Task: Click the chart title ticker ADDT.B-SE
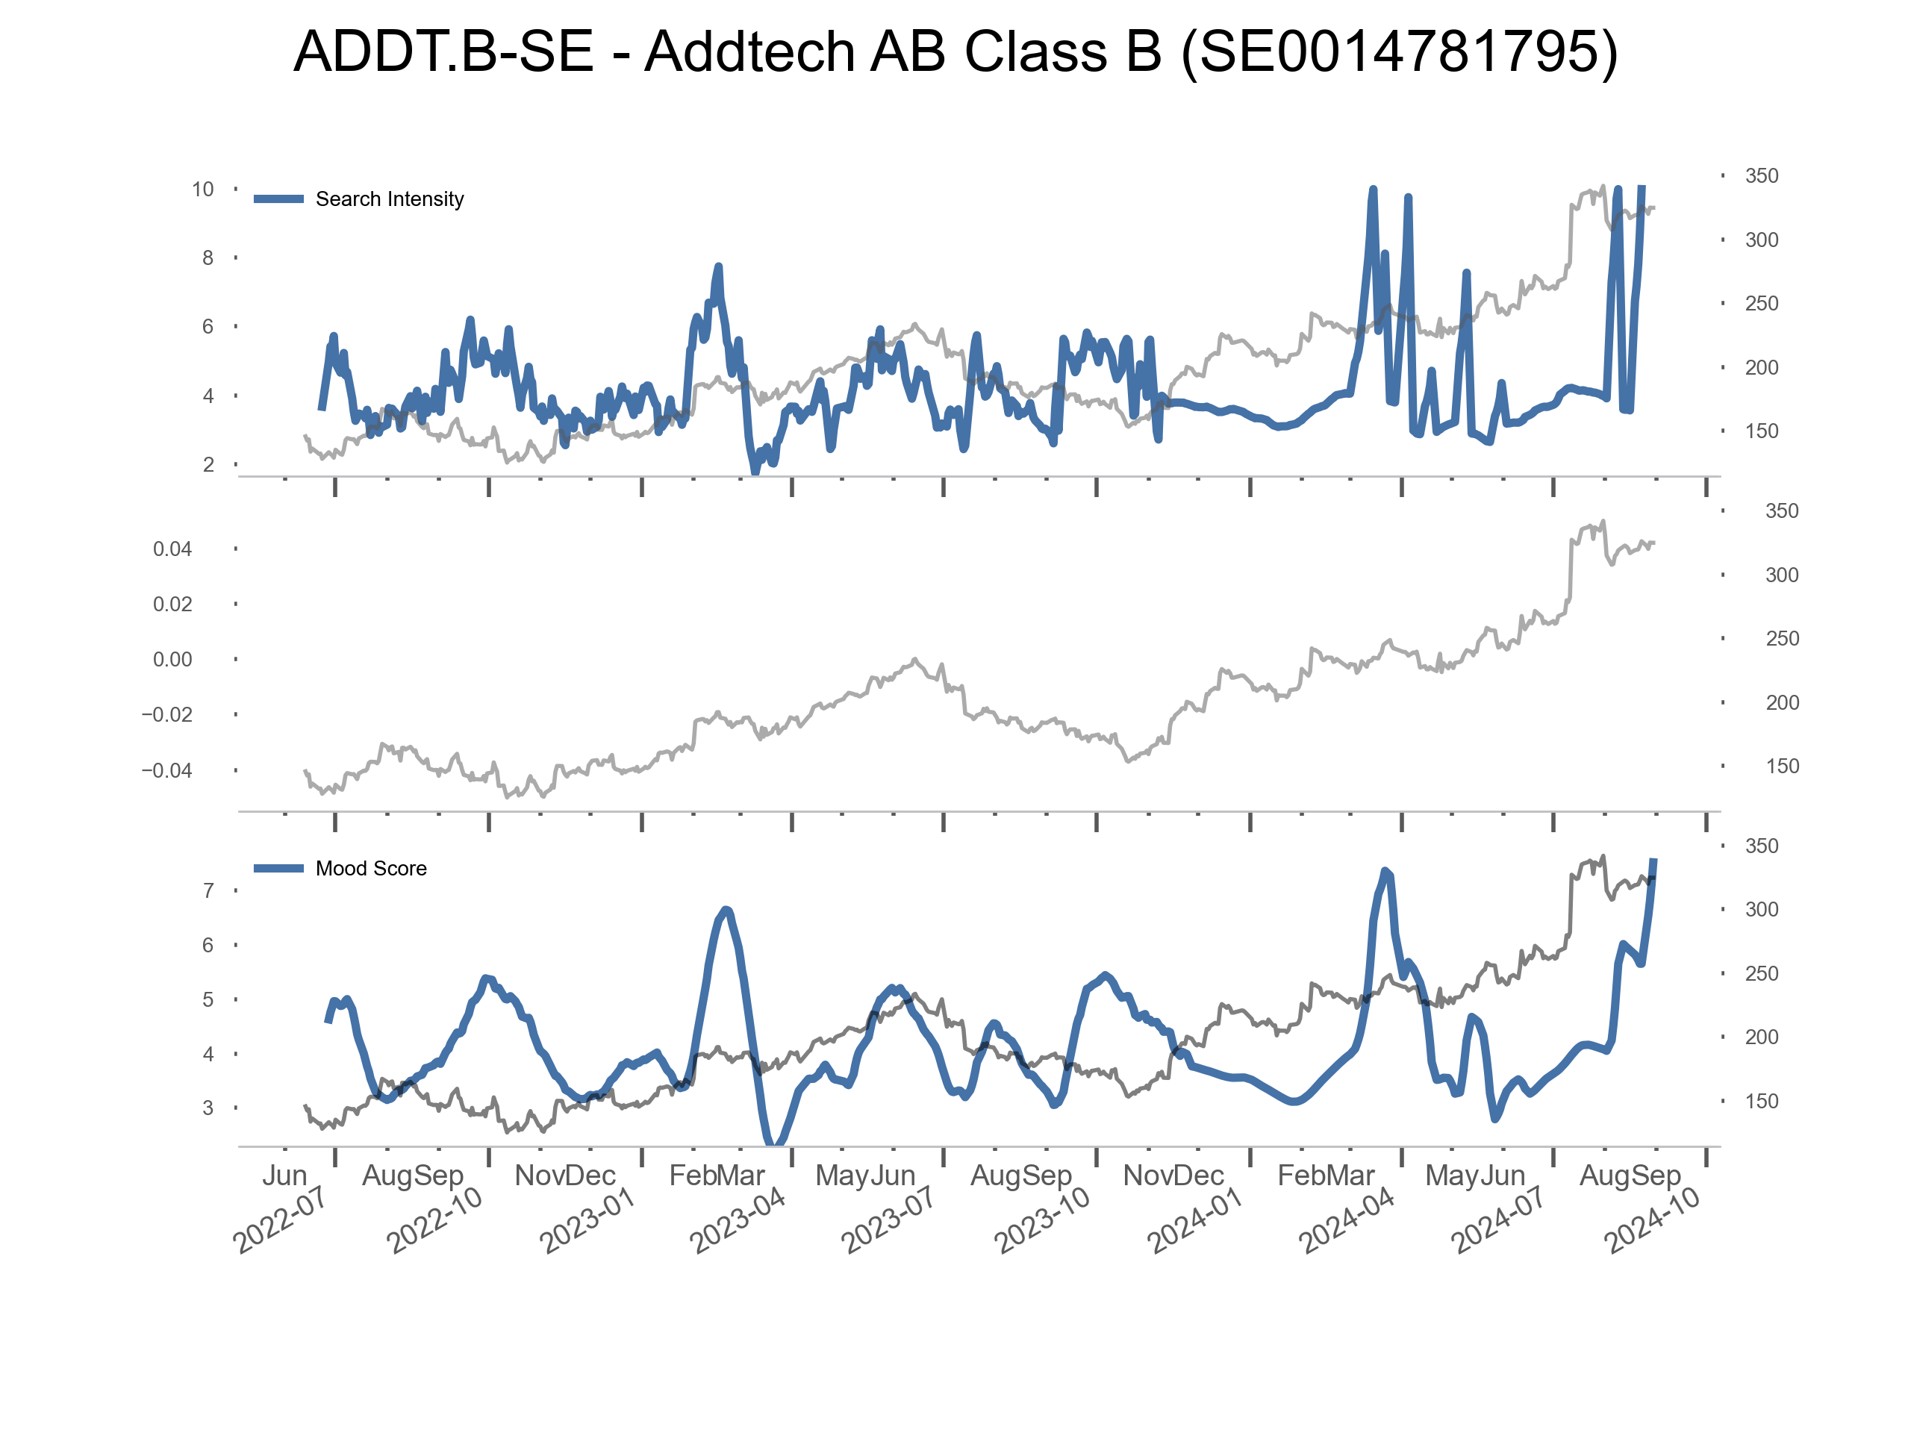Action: coord(443,51)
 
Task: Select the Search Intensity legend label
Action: coord(389,199)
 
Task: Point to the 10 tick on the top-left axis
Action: coord(203,189)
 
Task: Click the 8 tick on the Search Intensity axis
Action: coord(208,258)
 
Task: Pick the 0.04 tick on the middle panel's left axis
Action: coord(172,549)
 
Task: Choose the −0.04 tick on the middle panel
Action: coord(166,770)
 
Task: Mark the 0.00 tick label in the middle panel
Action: coord(172,660)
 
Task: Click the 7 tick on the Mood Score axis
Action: coord(208,890)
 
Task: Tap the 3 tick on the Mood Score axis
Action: coord(208,1108)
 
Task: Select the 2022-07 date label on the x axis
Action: coord(279,1220)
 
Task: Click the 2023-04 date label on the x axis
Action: coord(737,1220)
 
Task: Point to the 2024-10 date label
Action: coord(1651,1220)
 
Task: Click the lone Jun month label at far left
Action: coord(284,1176)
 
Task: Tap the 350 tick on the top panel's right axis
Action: coord(1762,176)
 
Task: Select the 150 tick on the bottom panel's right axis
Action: coord(1762,1102)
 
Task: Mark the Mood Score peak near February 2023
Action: coord(726,910)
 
